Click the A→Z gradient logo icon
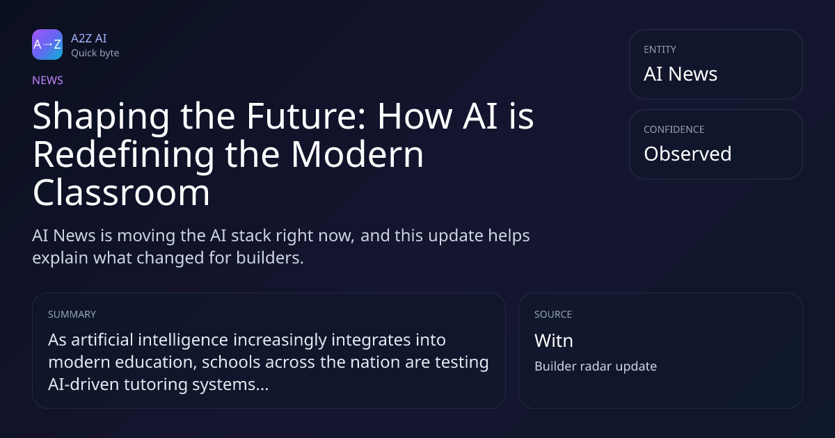pos(47,44)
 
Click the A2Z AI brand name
pos(89,38)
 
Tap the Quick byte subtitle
pos(95,54)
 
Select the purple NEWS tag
pos(47,80)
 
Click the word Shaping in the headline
pos(101,117)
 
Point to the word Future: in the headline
pos(306,116)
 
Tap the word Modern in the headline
pos(357,154)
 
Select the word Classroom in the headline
pos(121,192)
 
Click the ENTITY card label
pos(660,49)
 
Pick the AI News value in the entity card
pos(681,74)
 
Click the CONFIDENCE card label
pos(674,129)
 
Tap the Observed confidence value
pos(687,154)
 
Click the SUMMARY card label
pos(72,314)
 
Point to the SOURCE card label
pos(553,314)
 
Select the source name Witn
pos(554,341)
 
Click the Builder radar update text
pos(596,366)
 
